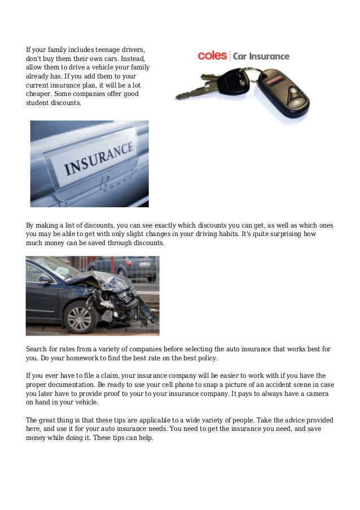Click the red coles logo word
(212, 56)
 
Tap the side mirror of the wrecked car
(45, 278)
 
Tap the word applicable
(168, 421)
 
